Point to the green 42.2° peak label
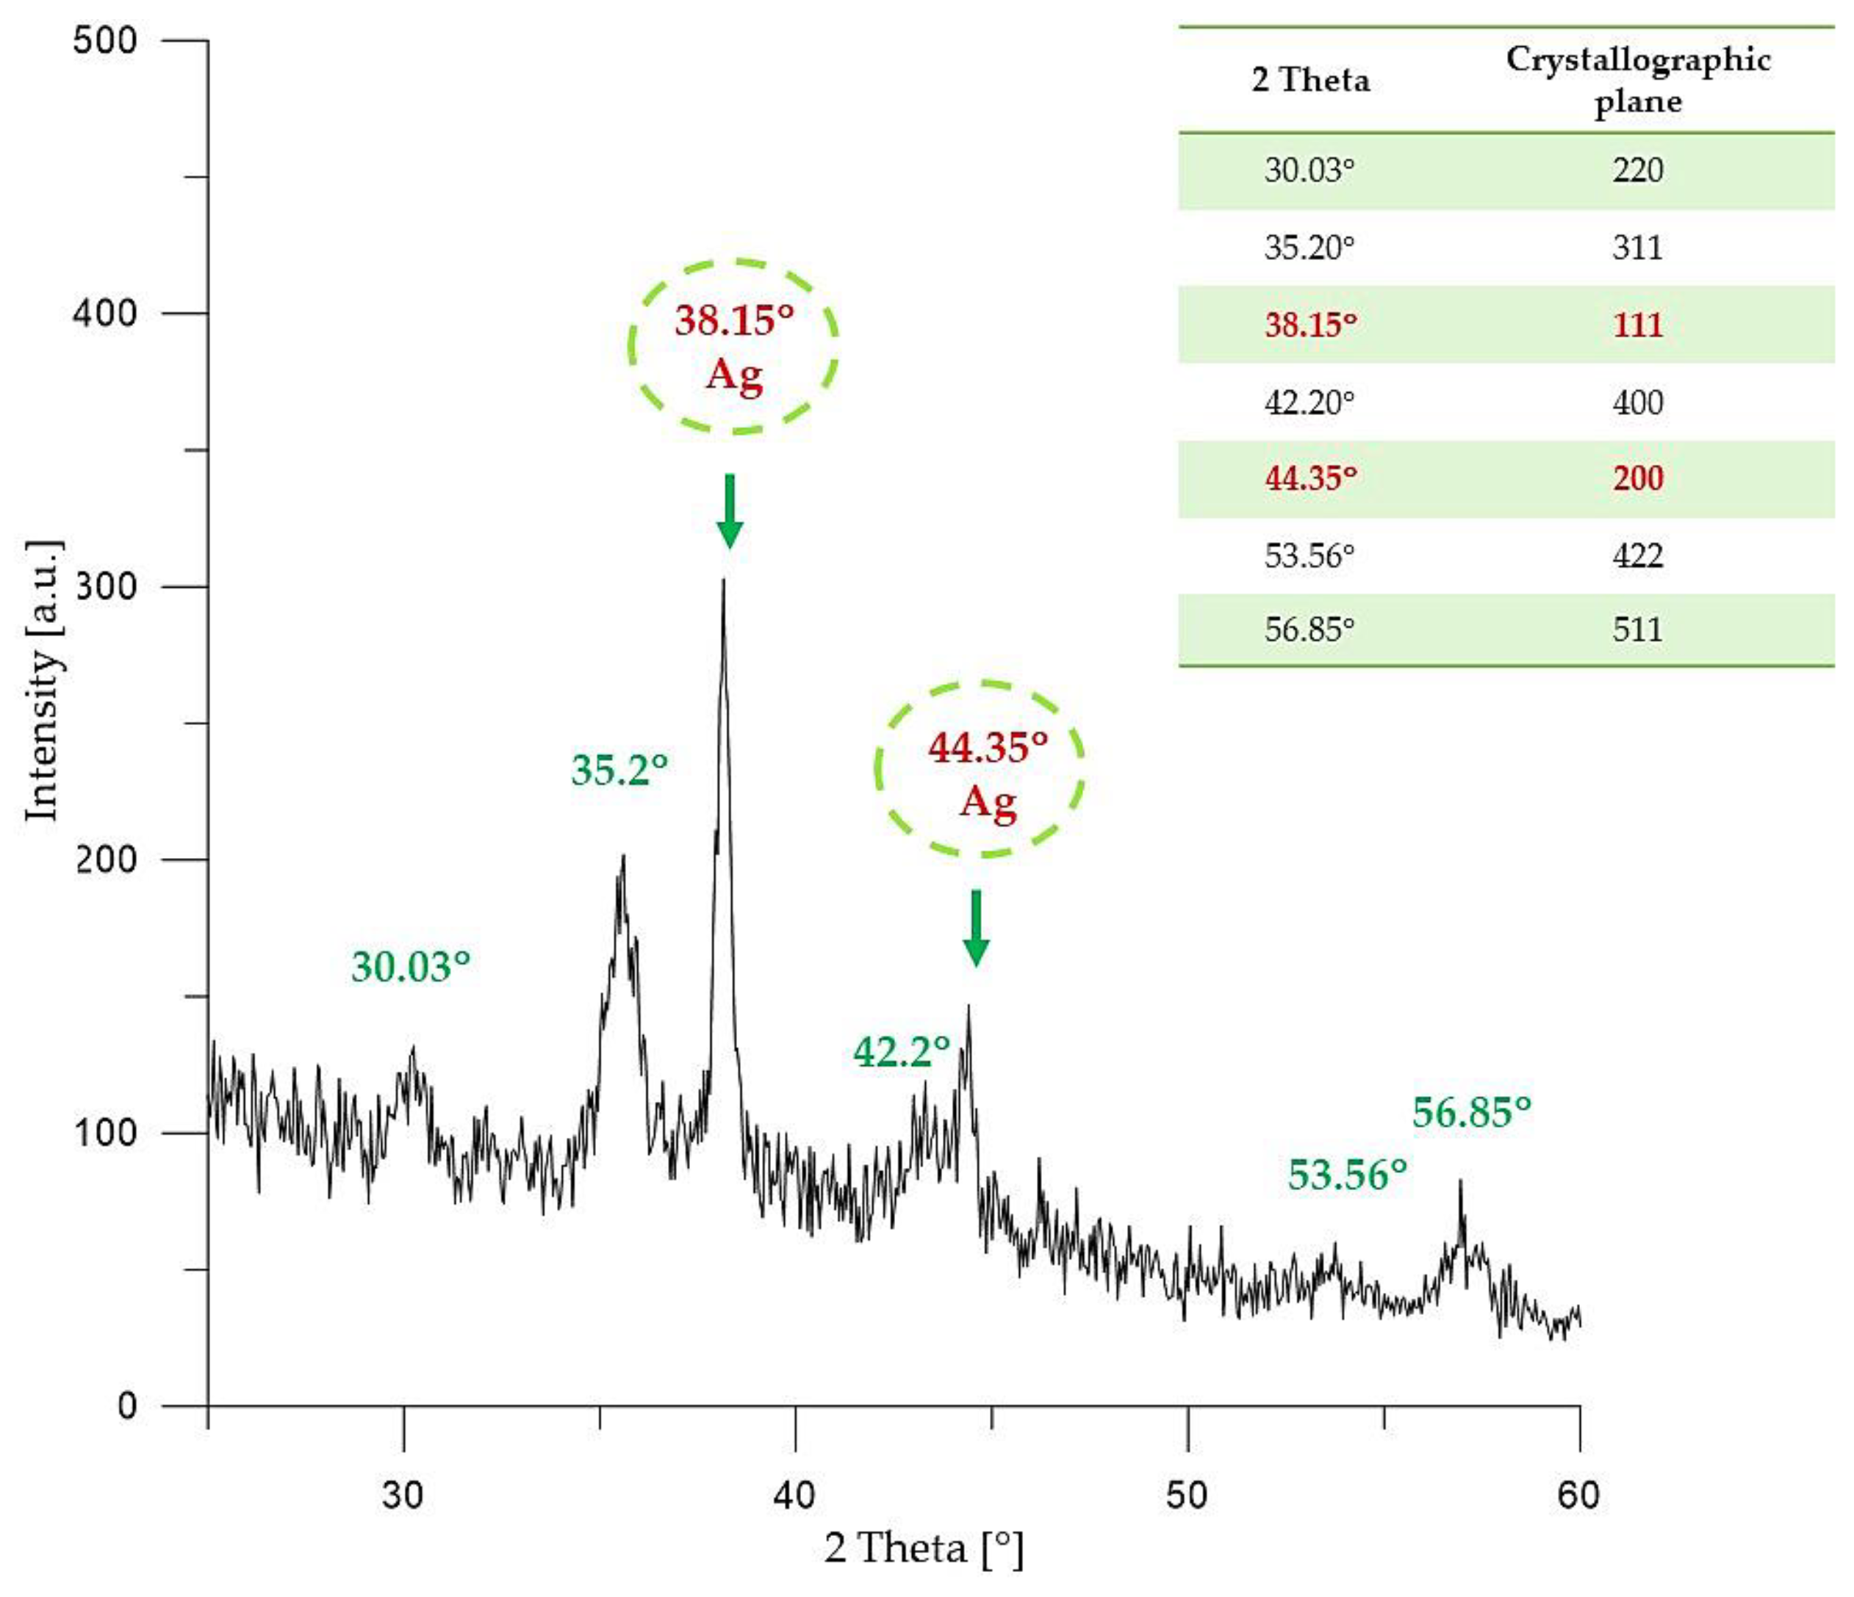pos(901,1052)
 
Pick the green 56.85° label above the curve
pos(1471,1113)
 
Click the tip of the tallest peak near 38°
pos(723,583)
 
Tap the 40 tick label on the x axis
pos(794,1495)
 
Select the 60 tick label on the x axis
pos(1578,1495)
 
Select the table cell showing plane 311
pos(1637,248)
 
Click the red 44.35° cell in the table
pos(1310,479)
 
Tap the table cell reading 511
pos(1637,630)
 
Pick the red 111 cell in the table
pos(1637,325)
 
